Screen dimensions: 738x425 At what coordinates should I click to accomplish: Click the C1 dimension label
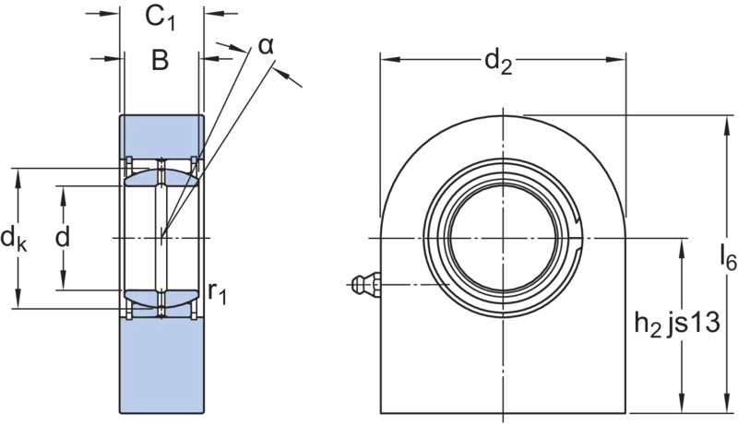tap(160, 18)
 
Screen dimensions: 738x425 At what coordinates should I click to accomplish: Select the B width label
tap(160, 60)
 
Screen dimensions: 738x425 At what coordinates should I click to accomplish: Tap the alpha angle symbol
tap(266, 46)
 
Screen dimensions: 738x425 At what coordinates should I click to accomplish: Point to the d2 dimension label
tap(498, 63)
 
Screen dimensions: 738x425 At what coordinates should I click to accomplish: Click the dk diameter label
tap(14, 239)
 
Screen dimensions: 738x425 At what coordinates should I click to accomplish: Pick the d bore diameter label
tap(63, 237)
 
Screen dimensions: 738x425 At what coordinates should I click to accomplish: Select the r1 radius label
tap(218, 293)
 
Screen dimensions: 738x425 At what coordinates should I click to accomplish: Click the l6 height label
tap(728, 258)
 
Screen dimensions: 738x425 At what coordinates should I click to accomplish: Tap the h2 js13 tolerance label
tap(677, 324)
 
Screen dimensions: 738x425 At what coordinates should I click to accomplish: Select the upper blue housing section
tap(161, 136)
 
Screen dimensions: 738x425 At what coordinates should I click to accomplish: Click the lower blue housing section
tap(161, 366)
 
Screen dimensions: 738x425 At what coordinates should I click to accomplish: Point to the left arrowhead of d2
tap(390, 60)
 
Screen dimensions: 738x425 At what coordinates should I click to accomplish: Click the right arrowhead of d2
tap(616, 60)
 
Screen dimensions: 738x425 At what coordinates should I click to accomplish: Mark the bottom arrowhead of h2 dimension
tap(682, 404)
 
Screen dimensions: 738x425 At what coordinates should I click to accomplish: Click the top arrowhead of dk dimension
tap(18, 178)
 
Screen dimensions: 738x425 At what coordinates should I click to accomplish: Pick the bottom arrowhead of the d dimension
tap(63, 280)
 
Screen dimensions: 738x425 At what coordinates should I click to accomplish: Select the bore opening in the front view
tap(503, 238)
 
